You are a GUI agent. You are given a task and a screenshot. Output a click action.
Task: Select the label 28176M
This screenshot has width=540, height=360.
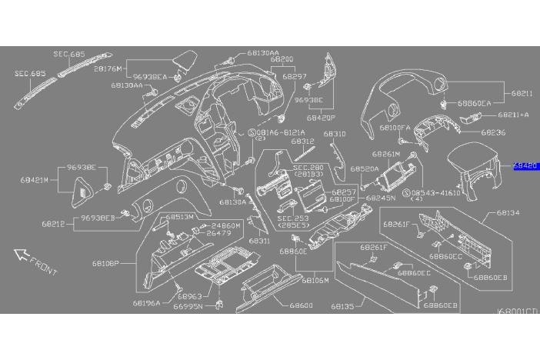point(108,68)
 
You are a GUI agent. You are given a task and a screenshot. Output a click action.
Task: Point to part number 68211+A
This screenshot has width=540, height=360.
point(513,115)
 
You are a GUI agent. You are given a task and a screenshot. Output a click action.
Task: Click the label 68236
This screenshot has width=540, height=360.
point(494,132)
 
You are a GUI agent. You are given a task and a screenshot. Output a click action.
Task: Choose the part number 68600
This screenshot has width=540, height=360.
point(302,305)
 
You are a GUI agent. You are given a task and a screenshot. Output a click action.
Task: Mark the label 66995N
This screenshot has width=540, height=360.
point(188,306)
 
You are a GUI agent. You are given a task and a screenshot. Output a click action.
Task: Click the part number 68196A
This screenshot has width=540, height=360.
point(146,303)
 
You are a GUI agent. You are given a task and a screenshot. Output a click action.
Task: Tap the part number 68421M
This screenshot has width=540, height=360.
point(35,179)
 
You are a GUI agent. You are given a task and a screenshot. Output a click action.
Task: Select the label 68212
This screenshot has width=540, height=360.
point(57,225)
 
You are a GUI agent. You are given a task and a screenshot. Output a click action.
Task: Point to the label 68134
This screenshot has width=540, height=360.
point(508,212)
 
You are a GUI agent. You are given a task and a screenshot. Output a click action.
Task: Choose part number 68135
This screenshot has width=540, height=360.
point(342,305)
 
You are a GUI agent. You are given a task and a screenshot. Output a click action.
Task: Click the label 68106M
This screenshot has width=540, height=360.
point(315,281)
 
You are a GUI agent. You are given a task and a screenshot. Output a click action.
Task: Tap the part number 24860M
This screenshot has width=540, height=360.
point(226,225)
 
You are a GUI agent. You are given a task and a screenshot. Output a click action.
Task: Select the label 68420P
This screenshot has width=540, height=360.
point(322,119)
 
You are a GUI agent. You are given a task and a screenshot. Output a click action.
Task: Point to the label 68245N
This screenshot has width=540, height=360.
point(382,198)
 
